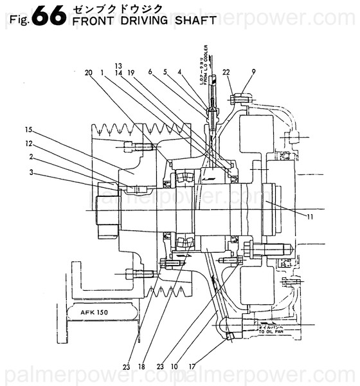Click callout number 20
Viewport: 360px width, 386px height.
click(88, 73)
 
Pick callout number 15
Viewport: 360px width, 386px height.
click(29, 129)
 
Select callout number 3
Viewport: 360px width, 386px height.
click(30, 172)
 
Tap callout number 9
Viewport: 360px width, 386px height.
click(253, 72)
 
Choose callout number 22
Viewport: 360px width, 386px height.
click(226, 72)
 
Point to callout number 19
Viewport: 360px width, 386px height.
click(130, 73)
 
